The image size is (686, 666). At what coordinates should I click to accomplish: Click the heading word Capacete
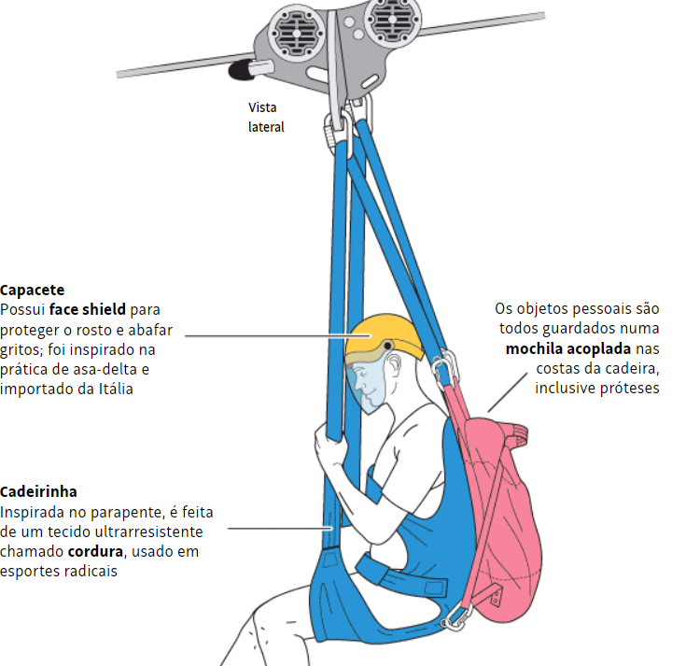click(33, 290)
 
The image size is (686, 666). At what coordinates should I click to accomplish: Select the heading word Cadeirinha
click(38, 491)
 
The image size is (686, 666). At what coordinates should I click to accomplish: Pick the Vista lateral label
click(266, 118)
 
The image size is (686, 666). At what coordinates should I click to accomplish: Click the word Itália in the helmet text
click(113, 389)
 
